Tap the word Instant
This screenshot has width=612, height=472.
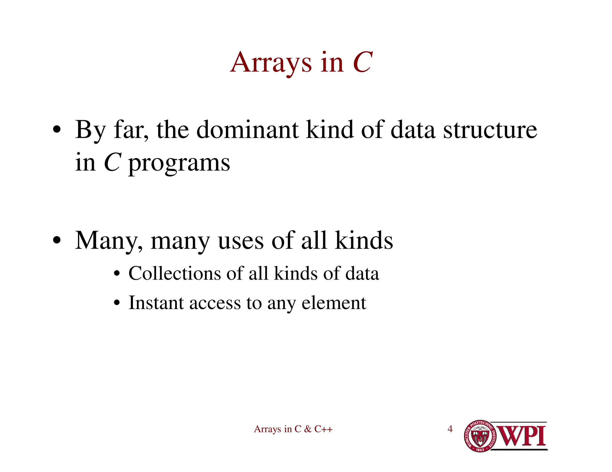[x=156, y=303]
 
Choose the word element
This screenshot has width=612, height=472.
[x=334, y=303]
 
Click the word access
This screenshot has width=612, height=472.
[x=215, y=303]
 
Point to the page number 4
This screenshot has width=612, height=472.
[x=450, y=429]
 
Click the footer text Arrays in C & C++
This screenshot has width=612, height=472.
[x=293, y=429]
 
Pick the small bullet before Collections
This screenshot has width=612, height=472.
[x=117, y=274]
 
